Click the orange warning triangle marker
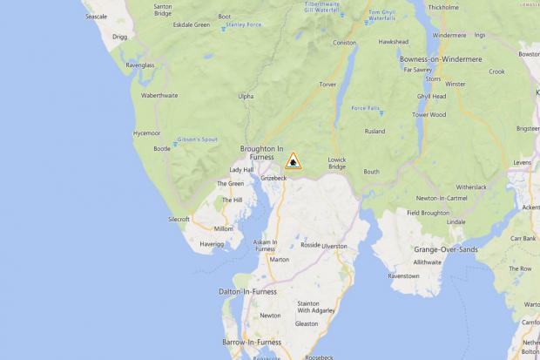click(x=294, y=160)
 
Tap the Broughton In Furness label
click(x=262, y=152)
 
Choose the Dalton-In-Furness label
click(x=247, y=291)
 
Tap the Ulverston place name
click(x=334, y=246)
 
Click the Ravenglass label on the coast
click(x=139, y=65)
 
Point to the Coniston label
click(x=345, y=43)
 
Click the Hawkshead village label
click(x=394, y=41)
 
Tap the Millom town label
click(x=224, y=228)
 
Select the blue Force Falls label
click(x=365, y=108)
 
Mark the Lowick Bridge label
click(x=337, y=162)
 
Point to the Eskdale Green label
click(x=190, y=24)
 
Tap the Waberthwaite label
click(x=159, y=95)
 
